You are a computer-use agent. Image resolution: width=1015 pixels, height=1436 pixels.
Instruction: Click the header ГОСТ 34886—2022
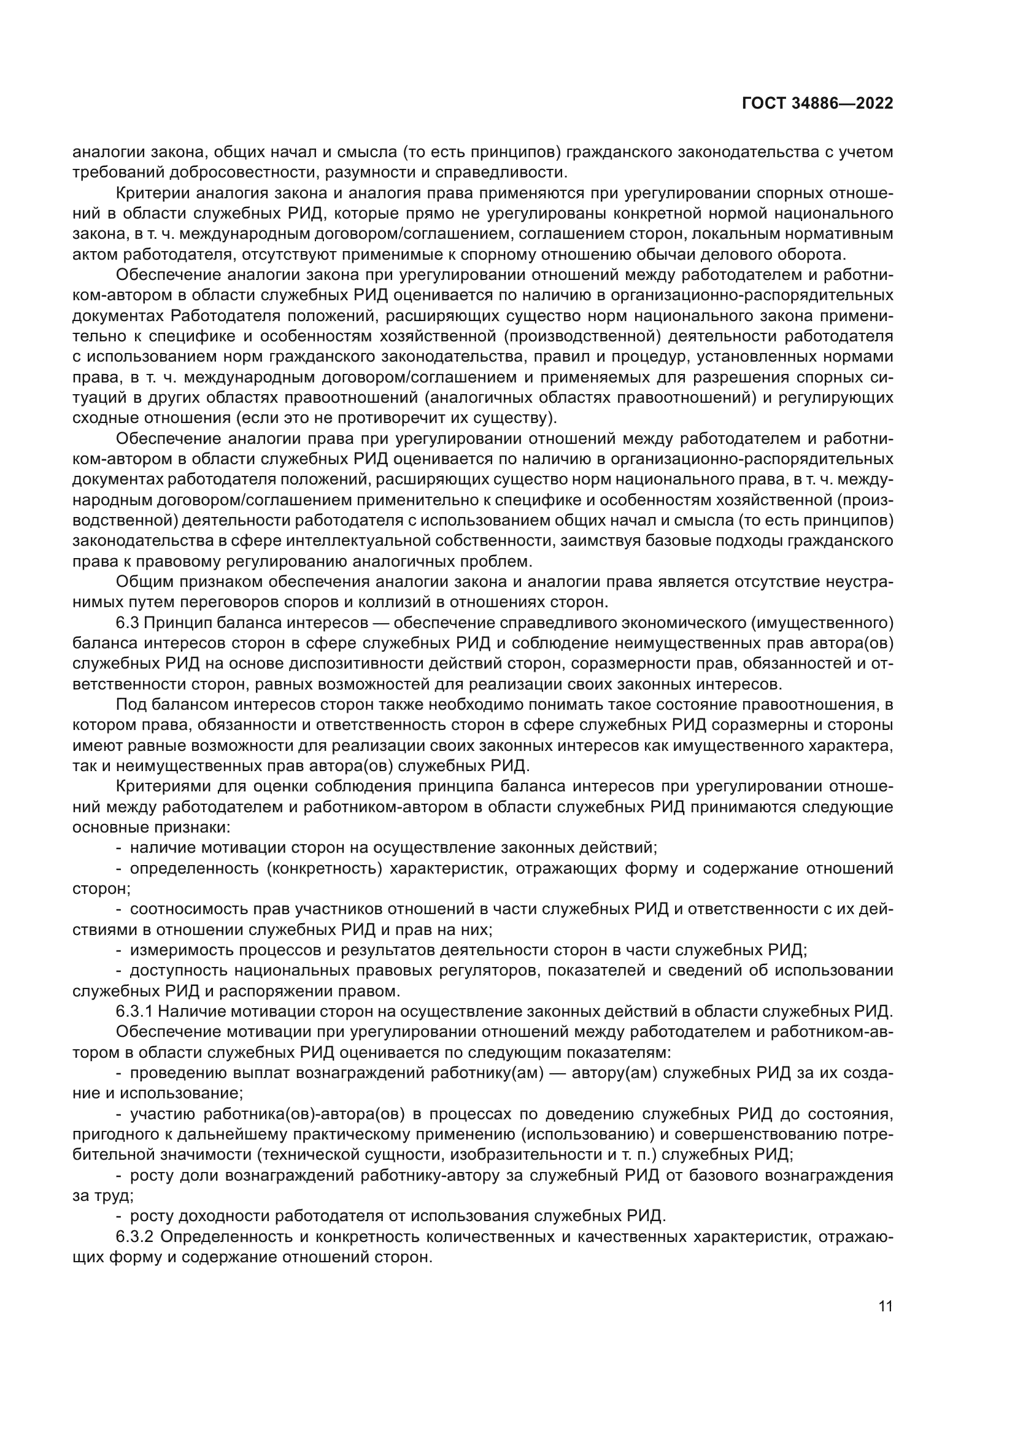(817, 104)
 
